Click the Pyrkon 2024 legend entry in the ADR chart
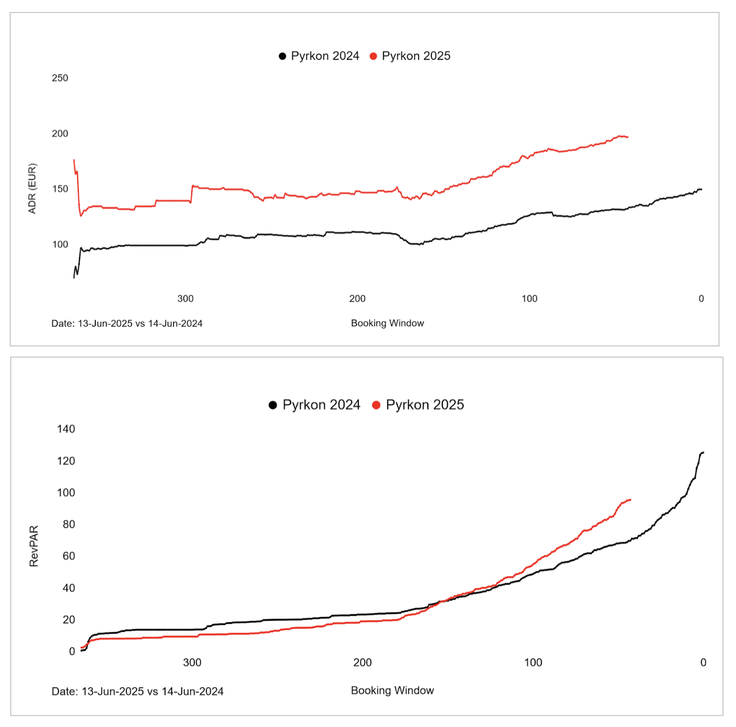(x=319, y=56)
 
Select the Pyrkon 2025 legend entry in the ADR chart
(x=411, y=56)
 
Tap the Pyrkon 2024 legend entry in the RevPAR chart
(x=315, y=405)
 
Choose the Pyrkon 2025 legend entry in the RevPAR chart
(x=418, y=405)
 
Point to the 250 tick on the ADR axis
(x=60, y=78)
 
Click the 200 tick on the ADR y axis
(x=60, y=134)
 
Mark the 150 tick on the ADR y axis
(x=60, y=189)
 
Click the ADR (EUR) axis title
(x=32, y=189)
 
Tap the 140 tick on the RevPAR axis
(x=66, y=429)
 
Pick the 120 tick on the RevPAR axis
(x=66, y=461)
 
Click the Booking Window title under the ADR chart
(x=387, y=323)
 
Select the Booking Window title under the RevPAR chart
(x=392, y=691)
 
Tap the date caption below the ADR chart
(x=127, y=324)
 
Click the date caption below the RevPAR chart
(x=137, y=692)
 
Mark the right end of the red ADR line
(x=628, y=137)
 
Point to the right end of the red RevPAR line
(x=631, y=500)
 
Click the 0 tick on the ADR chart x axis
(x=701, y=299)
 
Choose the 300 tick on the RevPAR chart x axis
(x=192, y=663)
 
